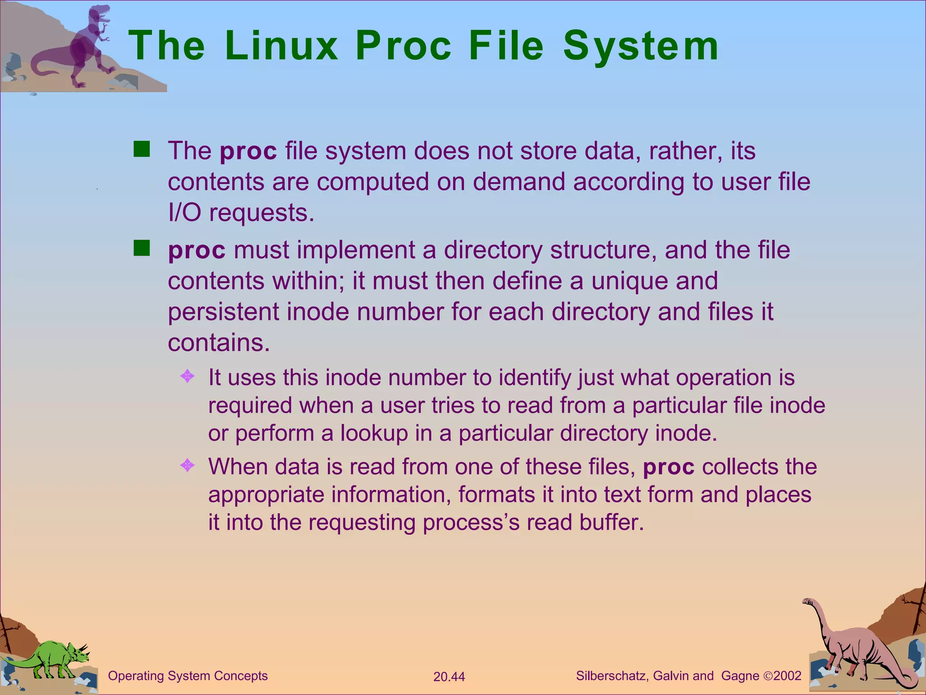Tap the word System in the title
(x=641, y=47)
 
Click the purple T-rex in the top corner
(x=88, y=45)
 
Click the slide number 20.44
(x=449, y=676)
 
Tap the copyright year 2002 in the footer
(x=787, y=676)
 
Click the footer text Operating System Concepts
(x=188, y=676)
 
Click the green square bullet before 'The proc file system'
(x=142, y=149)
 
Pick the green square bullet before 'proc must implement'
(x=142, y=248)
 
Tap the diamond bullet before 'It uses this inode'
(x=187, y=376)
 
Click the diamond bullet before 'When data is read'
(x=187, y=465)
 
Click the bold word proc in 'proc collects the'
(x=668, y=467)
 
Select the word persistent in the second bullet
(x=223, y=312)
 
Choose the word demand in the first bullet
(x=519, y=182)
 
